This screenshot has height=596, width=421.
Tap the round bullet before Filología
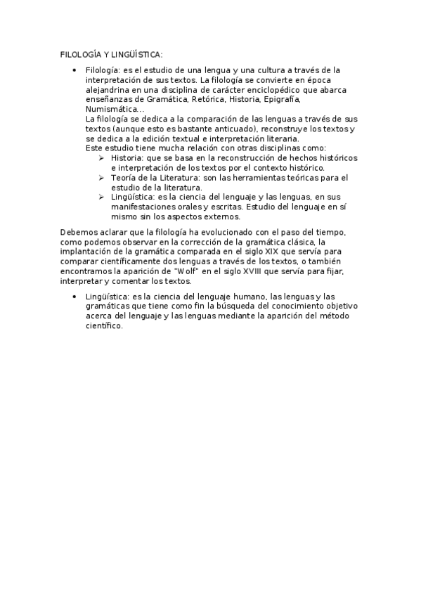click(x=75, y=70)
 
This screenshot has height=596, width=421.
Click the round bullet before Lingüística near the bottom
click(x=75, y=297)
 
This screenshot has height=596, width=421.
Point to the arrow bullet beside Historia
click(x=102, y=159)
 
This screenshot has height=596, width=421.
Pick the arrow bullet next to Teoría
click(x=102, y=179)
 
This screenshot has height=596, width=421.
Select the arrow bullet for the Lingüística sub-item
click(x=102, y=198)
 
